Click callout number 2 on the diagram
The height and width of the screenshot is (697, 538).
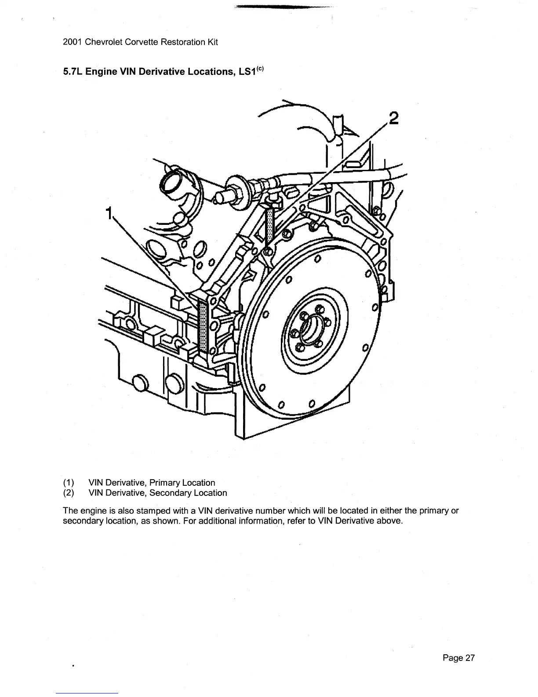393,119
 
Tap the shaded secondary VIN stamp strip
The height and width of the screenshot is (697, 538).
270,226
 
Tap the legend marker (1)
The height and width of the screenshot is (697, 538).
69,483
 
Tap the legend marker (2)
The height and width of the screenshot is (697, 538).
69,493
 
